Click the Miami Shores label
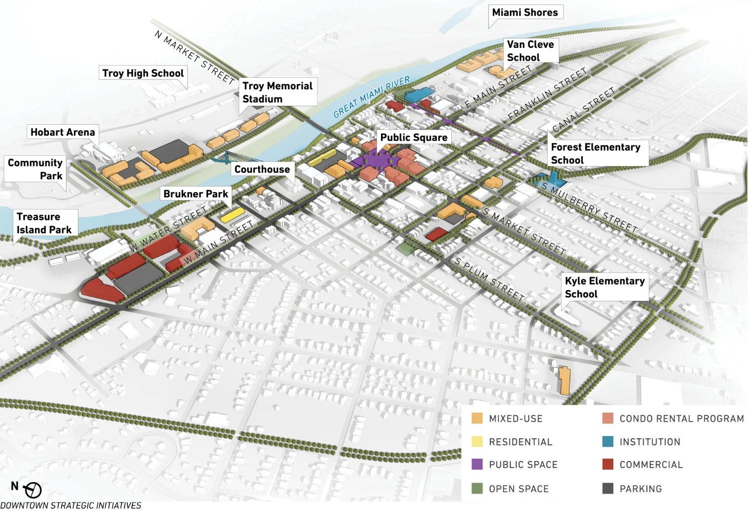tap(525, 12)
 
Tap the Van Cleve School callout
tap(530, 51)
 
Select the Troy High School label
tap(143, 73)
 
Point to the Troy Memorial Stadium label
tap(277, 92)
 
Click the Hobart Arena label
tap(62, 132)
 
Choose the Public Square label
tap(413, 137)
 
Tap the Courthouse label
tap(262, 169)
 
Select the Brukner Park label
tap(195, 194)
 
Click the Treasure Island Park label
tap(44, 223)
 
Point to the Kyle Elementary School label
tap(604, 287)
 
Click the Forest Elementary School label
tap(595, 154)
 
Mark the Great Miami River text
tap(372, 97)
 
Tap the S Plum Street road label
tap(489, 279)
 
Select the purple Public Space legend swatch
tap(477, 464)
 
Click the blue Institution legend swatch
tap(608, 441)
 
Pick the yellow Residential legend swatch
tap(477, 441)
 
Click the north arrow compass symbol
tap(33, 490)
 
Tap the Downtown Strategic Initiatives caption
tap(70, 506)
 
